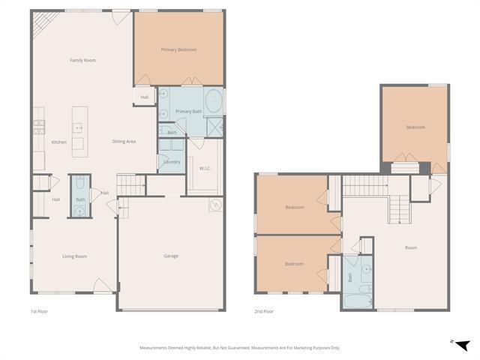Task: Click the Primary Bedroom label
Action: pyautogui.click(x=178, y=49)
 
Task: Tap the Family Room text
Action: pyautogui.click(x=82, y=60)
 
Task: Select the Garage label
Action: pyautogui.click(x=171, y=256)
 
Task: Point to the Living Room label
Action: pyautogui.click(x=74, y=256)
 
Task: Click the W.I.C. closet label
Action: pyautogui.click(x=205, y=168)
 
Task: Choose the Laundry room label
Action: pyautogui.click(x=172, y=161)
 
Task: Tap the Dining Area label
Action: pyautogui.click(x=124, y=141)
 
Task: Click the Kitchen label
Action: pyautogui.click(x=58, y=142)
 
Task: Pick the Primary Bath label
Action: pyautogui.click(x=188, y=111)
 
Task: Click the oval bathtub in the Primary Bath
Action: pyautogui.click(x=213, y=99)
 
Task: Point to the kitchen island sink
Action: pyautogui.click(x=77, y=128)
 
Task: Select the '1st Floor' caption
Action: pyautogui.click(x=39, y=310)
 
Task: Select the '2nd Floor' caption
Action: pyautogui.click(x=263, y=310)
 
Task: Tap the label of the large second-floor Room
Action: pyautogui.click(x=411, y=247)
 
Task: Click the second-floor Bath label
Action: pyautogui.click(x=350, y=277)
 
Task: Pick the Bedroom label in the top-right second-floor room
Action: pyautogui.click(x=415, y=127)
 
